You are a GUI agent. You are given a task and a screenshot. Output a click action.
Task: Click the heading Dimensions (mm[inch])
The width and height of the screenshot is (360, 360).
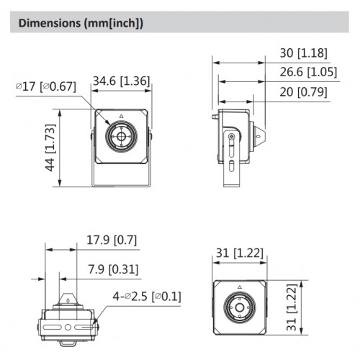tap(81, 23)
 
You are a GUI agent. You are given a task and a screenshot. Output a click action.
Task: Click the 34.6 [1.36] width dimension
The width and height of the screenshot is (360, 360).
tap(120, 81)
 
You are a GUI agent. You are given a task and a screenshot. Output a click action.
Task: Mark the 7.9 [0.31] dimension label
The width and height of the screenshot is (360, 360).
tap(112, 269)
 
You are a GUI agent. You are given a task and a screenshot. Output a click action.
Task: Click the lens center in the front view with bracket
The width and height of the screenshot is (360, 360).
tap(120, 135)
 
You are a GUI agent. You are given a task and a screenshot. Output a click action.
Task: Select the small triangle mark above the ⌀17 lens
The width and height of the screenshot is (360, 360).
tap(121, 116)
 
